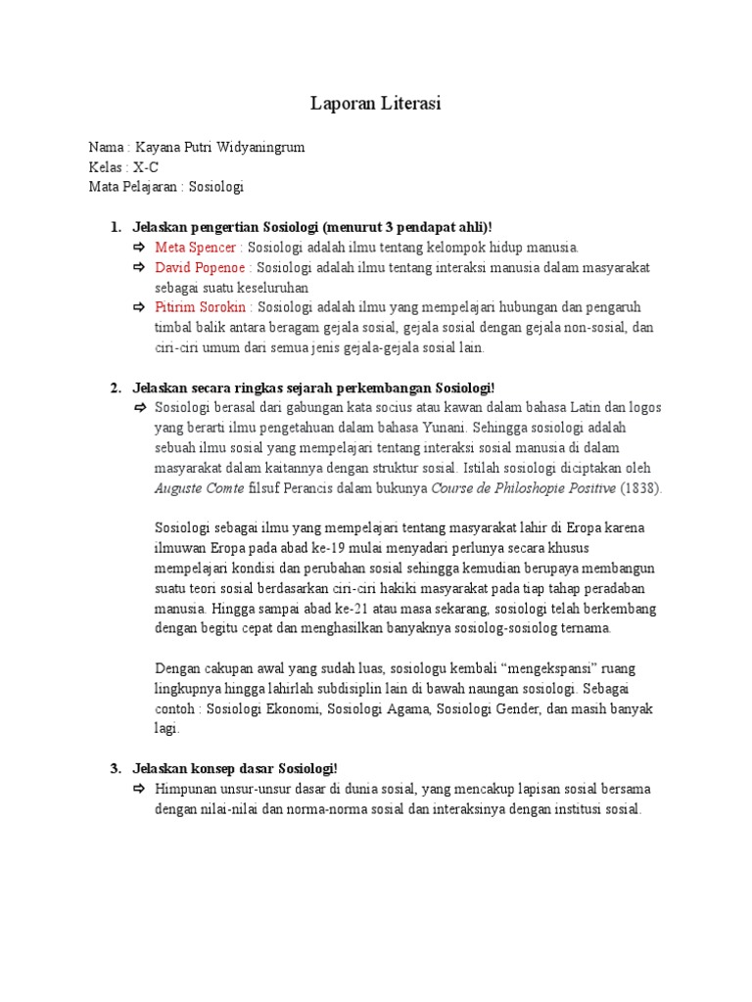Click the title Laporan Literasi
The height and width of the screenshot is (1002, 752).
[376, 103]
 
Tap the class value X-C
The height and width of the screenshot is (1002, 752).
[146, 166]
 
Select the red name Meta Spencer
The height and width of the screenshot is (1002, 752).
[196, 248]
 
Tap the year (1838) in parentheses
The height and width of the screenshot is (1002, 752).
[642, 487]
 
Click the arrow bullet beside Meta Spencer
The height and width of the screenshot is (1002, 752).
[140, 248]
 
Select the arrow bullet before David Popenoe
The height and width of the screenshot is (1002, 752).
[140, 267]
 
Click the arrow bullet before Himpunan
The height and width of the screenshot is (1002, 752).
[140, 789]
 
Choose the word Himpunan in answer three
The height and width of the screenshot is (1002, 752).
[188, 789]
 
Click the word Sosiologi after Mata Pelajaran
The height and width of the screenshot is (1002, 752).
[215, 187]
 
